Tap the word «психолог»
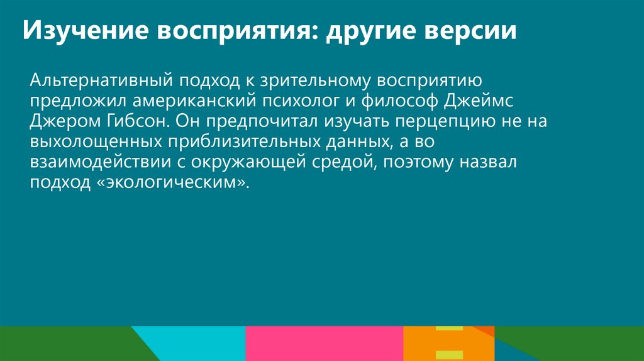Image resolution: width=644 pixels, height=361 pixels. pos(300,101)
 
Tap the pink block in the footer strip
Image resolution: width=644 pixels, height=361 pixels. pos(324,343)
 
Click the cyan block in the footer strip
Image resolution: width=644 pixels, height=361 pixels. pos(201,343)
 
